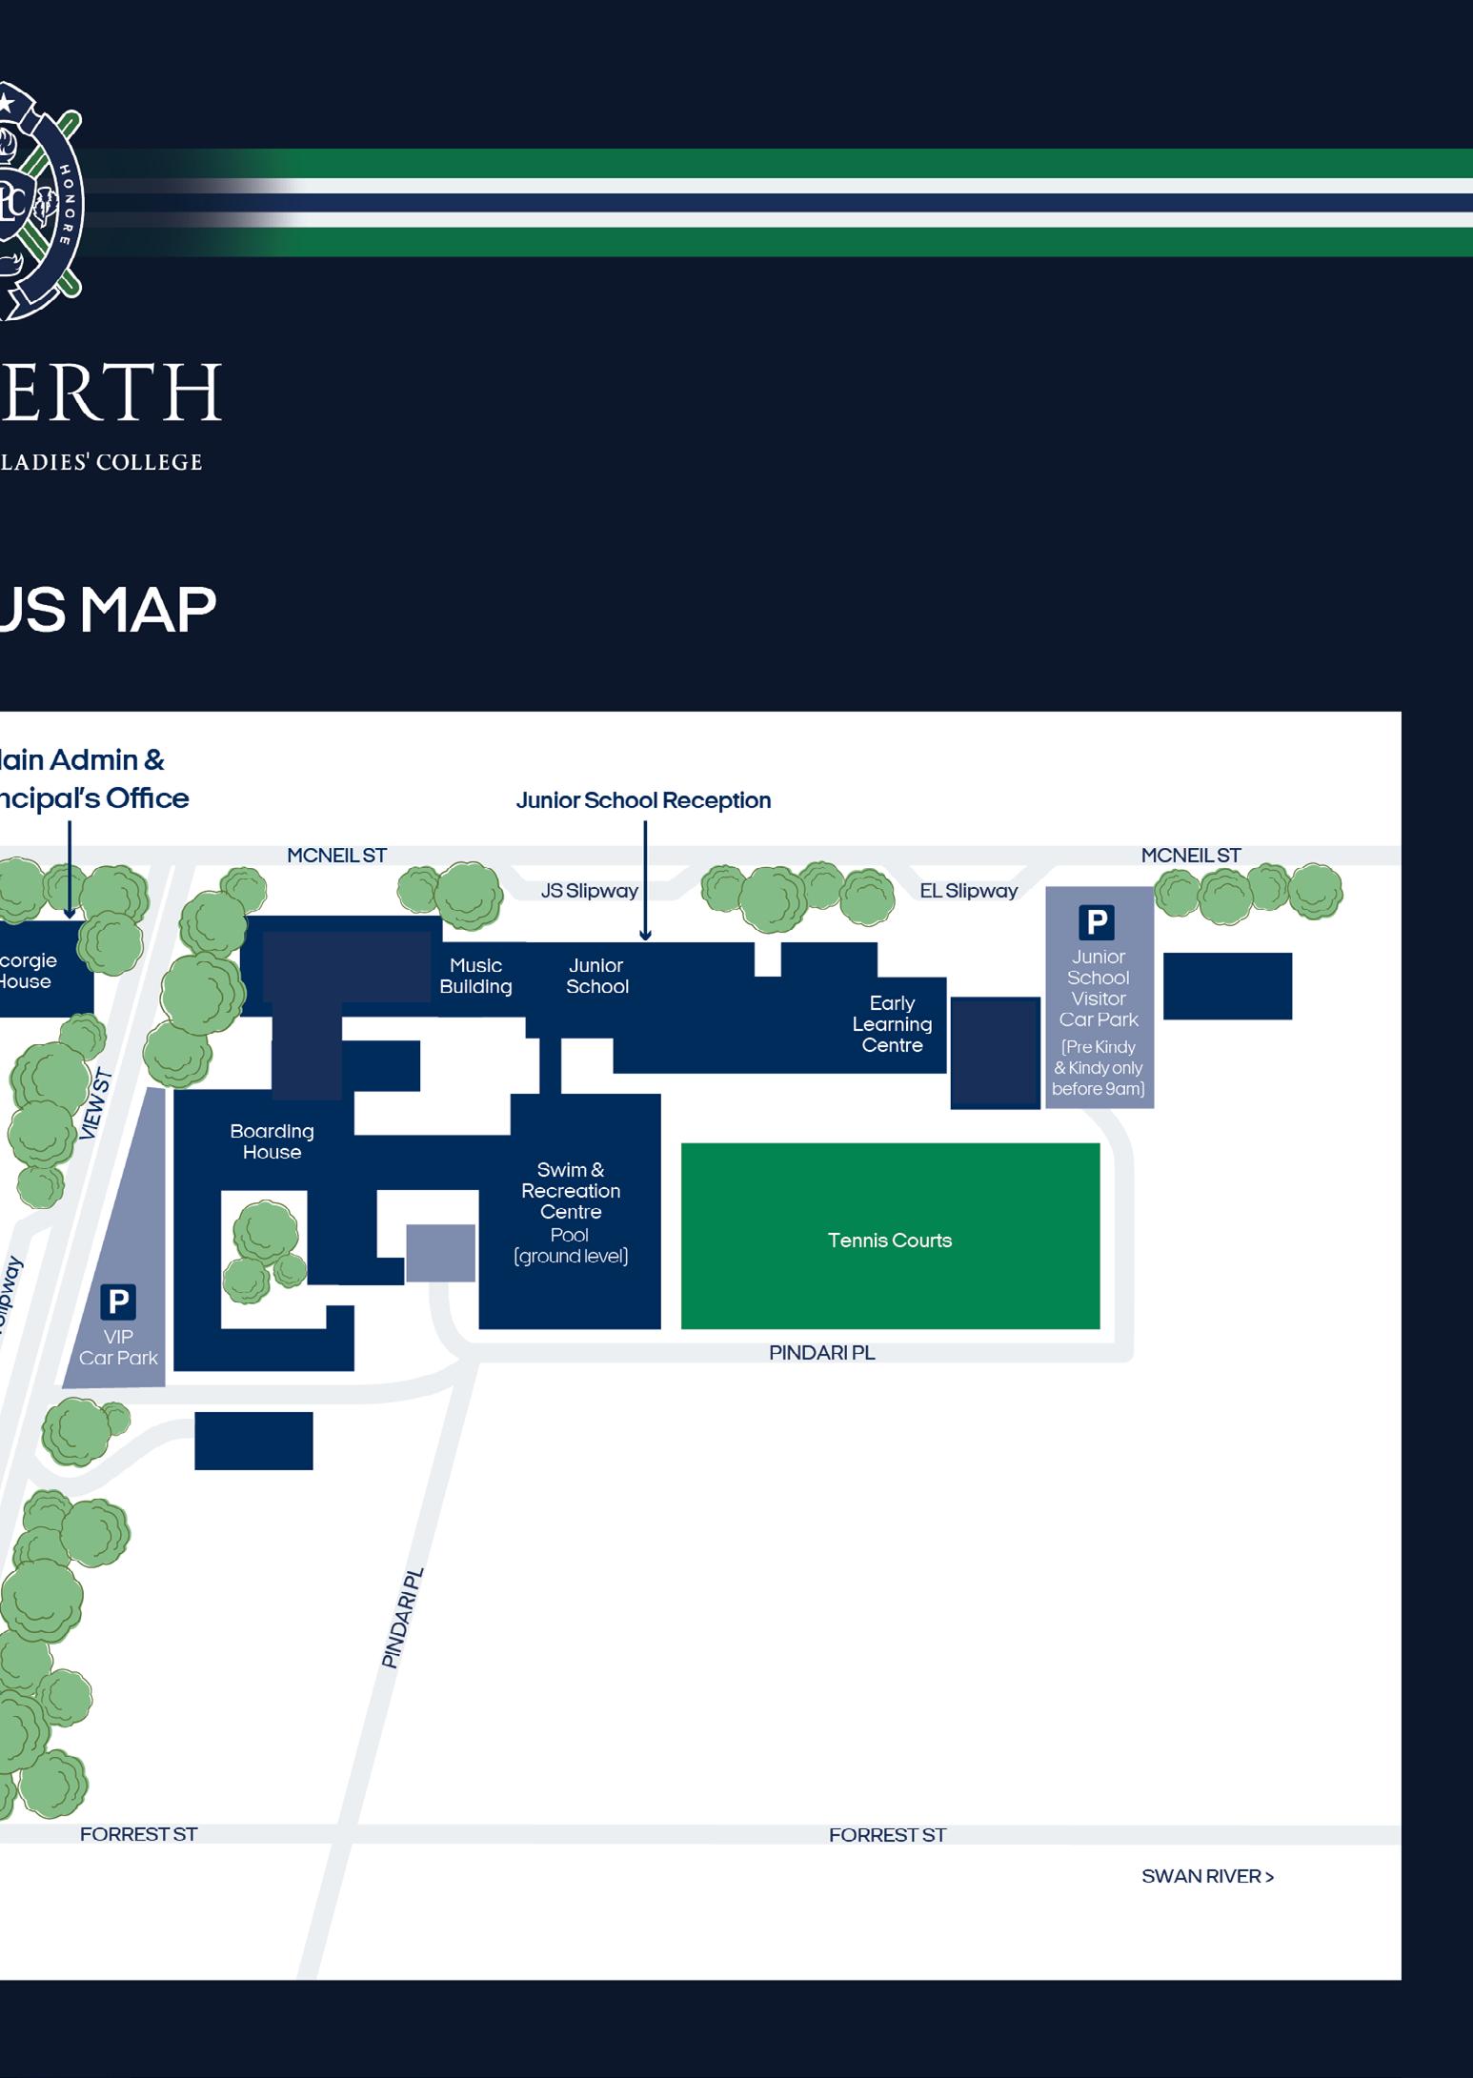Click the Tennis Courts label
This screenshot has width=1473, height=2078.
tap(889, 1241)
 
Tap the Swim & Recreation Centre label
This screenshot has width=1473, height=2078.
tap(571, 1191)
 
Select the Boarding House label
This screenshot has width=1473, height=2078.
tap(272, 1141)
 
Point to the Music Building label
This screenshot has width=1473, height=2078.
tap(475, 977)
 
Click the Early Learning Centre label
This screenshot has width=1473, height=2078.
tap(892, 1024)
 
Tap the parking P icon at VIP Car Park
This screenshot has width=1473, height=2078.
tap(118, 1301)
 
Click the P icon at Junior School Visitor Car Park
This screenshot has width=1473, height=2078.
tap(1097, 922)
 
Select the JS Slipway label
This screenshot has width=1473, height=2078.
tap(589, 891)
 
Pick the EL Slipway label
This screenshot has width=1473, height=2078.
tap(968, 891)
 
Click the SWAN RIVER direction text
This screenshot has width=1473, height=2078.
tap(1207, 1877)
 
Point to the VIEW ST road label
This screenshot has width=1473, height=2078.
tap(96, 1105)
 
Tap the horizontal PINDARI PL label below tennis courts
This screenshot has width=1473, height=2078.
tap(821, 1353)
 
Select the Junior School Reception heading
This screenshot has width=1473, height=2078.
tap(643, 800)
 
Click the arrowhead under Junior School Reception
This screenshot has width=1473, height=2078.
tap(645, 936)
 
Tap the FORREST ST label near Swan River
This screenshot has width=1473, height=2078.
tap(887, 1835)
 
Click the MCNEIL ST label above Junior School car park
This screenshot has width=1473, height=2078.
tap(1191, 856)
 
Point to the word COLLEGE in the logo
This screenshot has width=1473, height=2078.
tap(157, 463)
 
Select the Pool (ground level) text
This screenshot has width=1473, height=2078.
tap(570, 1246)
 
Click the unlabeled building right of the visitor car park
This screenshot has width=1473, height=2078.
tap(1227, 986)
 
